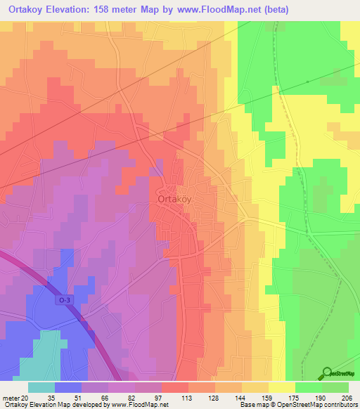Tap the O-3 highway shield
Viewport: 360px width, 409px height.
[x=65, y=299]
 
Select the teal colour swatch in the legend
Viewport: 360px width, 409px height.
[x=41, y=387]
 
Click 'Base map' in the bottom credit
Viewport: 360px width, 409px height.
[x=253, y=405]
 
